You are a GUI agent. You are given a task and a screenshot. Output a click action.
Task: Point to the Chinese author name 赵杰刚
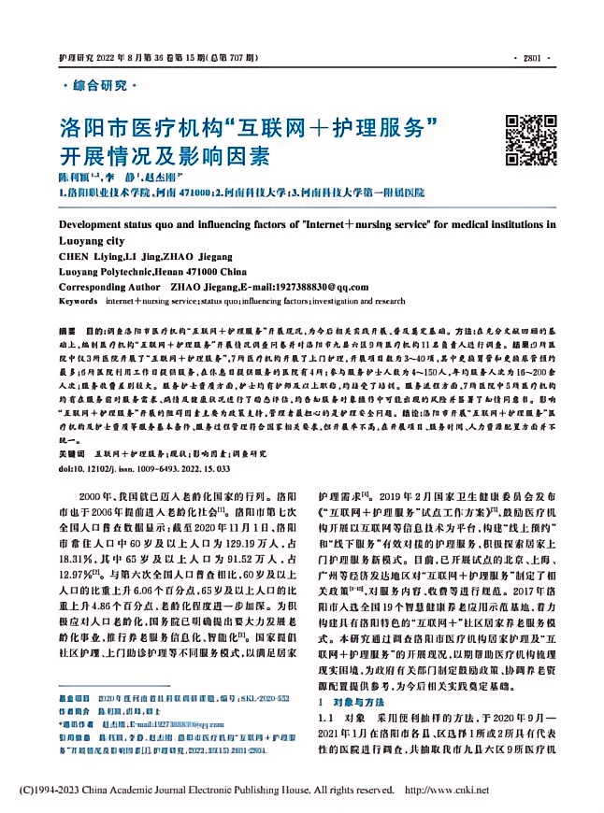click(x=162, y=178)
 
